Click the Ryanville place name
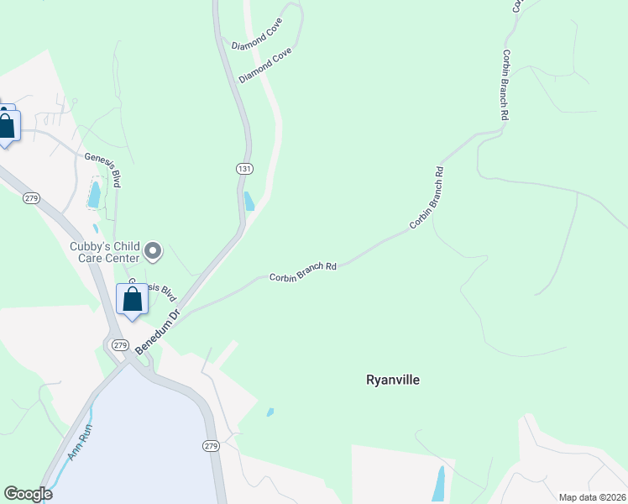(392, 380)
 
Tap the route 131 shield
(243, 169)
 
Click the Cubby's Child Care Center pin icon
(153, 250)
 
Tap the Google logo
(28, 494)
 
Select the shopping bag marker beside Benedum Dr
(133, 300)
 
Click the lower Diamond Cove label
(264, 65)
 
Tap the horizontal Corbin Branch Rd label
(302, 271)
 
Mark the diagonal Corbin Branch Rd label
(427, 198)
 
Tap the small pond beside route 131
(249, 202)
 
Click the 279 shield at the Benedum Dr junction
(119, 345)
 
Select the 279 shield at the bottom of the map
(211, 445)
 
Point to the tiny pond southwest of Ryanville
(270, 412)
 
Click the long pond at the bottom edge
(437, 484)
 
